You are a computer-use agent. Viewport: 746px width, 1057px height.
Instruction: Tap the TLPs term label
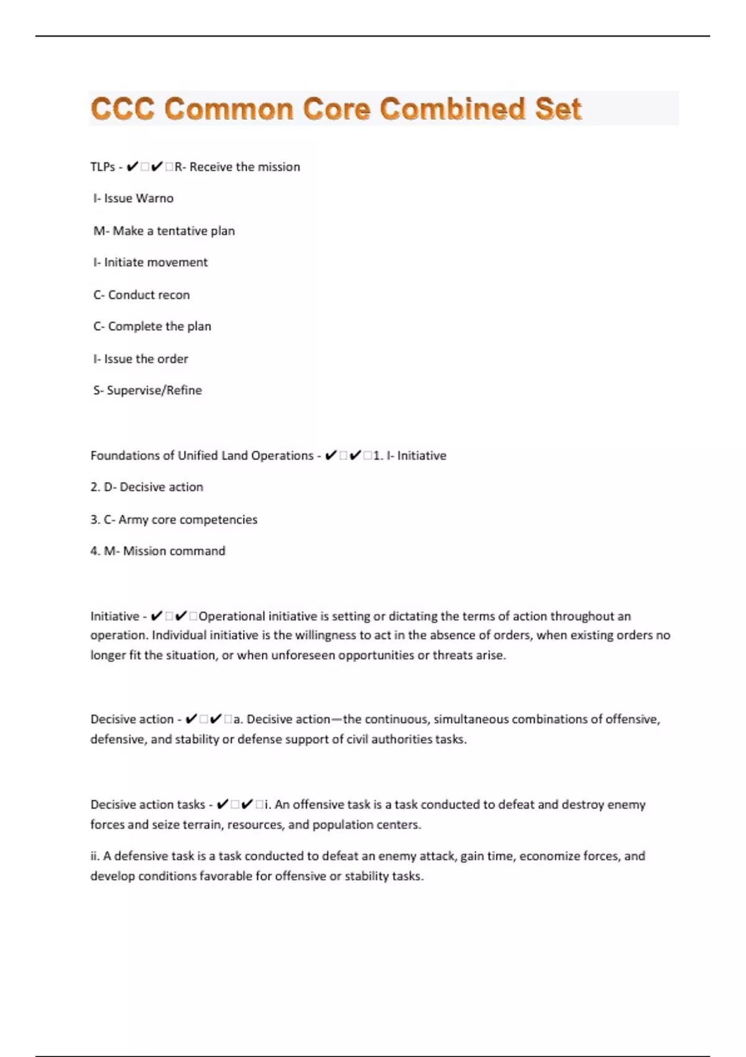[x=103, y=167]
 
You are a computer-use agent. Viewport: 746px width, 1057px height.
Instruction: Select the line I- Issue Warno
[x=133, y=198]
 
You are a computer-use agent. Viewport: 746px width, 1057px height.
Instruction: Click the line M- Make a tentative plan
[x=164, y=231]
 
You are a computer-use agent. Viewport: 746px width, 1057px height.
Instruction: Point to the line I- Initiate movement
[x=150, y=262]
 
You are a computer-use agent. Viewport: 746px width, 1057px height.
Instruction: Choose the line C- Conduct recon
[x=142, y=295]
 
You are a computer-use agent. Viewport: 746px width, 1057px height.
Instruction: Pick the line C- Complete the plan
[x=152, y=326]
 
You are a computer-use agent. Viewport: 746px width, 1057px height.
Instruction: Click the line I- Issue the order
[x=140, y=359]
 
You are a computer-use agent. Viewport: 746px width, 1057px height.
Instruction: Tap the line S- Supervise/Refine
[x=147, y=390]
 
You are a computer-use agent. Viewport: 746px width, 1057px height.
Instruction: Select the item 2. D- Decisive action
[x=147, y=487]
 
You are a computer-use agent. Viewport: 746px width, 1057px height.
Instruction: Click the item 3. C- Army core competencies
[x=173, y=519]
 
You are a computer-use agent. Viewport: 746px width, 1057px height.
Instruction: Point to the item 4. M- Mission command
[x=158, y=551]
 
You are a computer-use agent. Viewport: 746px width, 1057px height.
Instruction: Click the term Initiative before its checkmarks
[x=114, y=616]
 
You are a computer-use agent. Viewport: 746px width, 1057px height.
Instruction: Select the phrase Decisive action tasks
[x=147, y=805]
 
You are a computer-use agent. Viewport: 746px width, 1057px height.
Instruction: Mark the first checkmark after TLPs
[x=132, y=167]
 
